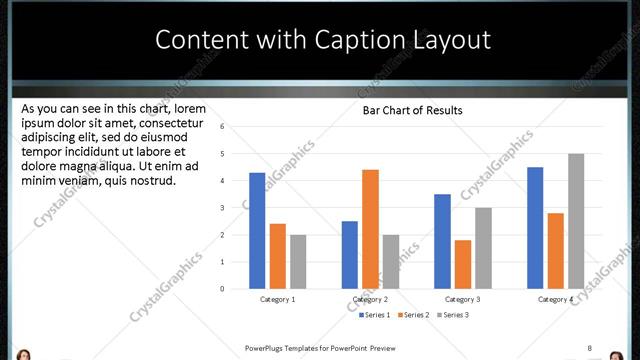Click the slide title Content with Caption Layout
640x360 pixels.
323,40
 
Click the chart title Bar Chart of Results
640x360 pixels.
412,110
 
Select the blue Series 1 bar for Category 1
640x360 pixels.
257,230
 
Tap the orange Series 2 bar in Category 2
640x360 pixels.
370,228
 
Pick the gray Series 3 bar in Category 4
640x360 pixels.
576,220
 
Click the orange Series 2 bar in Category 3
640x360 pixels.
462,263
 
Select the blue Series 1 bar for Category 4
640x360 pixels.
535,227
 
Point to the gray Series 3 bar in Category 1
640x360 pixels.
298,261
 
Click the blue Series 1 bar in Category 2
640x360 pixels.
349,254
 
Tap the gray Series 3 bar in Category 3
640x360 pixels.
483,247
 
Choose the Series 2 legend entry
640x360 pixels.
413,315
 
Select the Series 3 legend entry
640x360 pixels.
452,315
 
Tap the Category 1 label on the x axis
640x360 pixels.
277,300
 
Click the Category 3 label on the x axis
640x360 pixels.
462,300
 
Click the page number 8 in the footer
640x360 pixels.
589,348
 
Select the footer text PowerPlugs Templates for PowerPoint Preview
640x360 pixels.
320,348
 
